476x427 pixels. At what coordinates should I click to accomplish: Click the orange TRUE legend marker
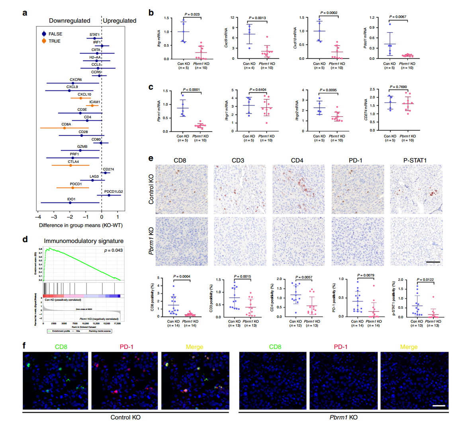tap(44, 41)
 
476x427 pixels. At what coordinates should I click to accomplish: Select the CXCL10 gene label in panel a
tap(84, 94)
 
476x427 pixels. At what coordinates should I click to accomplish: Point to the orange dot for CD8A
tap(65, 128)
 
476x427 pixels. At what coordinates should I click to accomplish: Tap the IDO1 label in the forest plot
tap(71, 199)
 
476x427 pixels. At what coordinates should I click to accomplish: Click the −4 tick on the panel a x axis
tap(38, 217)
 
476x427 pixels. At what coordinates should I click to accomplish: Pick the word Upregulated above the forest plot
tap(119, 21)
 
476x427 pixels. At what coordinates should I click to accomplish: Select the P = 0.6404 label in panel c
tap(258, 90)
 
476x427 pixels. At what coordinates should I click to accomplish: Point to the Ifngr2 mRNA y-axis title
tap(297, 111)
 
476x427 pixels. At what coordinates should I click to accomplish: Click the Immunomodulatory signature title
tap(84, 241)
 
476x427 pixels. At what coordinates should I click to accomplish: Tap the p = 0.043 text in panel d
tap(113, 251)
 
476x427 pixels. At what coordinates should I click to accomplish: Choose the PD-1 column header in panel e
tap(356, 161)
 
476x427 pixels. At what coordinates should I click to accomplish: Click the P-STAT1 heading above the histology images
tap(415, 161)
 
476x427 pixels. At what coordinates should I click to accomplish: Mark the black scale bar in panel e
tap(433, 262)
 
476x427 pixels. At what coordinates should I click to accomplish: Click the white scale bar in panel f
tap(438, 405)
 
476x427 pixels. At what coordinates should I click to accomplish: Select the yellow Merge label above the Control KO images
tap(194, 347)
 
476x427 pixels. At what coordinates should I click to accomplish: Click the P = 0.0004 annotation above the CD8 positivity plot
tap(182, 276)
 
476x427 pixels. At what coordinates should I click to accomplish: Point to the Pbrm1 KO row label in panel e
tap(151, 241)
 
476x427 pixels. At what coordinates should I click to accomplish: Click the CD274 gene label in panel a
tap(108, 169)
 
